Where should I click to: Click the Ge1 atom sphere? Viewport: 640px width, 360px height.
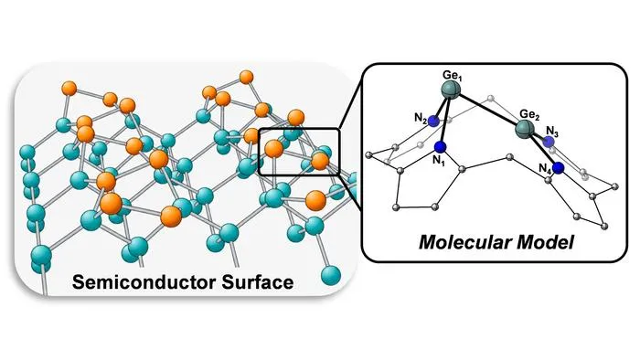pos(452,90)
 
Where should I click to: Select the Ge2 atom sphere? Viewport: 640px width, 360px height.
pos(524,129)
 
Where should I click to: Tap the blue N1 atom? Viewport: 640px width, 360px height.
pos(440,147)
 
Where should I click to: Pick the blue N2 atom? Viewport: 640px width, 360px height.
pos(433,121)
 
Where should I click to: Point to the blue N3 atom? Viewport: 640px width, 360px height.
pos(549,142)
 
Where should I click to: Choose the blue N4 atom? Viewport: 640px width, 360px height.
pos(558,167)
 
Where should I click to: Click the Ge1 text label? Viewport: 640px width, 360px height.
pos(453,76)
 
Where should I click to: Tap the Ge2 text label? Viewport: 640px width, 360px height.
pos(529,115)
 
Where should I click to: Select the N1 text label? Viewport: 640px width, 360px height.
pos(439,161)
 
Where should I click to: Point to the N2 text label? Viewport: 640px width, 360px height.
pos(421,118)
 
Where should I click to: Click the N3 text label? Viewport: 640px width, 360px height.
pos(552,132)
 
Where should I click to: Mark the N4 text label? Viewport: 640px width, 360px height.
pos(545,168)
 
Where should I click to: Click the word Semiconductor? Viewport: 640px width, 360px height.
pos(144,282)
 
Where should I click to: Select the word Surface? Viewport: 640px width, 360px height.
pos(258,282)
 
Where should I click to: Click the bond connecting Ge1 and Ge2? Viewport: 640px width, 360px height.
pos(487,110)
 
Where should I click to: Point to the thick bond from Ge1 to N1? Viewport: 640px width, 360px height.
pos(446,119)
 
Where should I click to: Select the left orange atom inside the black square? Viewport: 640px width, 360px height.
pos(273,149)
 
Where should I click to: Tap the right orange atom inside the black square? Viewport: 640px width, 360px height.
pos(320,161)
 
